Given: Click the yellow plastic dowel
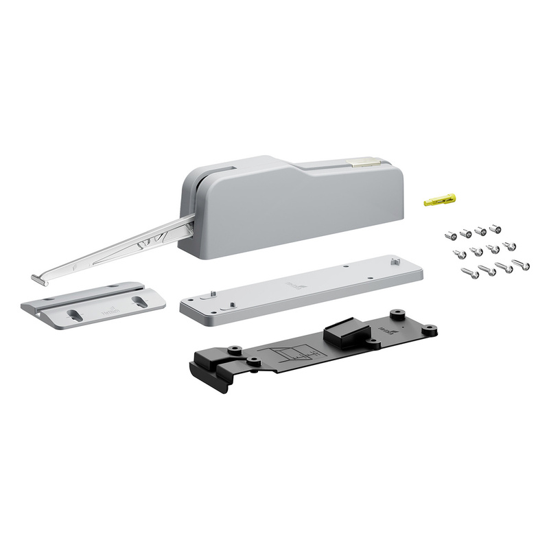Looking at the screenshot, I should click(440, 200).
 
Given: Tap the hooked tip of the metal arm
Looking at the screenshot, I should click(38, 279).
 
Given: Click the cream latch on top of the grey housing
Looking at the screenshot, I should click(363, 163).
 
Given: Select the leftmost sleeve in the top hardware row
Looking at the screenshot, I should click(450, 234).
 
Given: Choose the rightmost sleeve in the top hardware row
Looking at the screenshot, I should click(495, 226).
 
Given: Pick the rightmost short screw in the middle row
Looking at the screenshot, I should click(509, 246).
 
